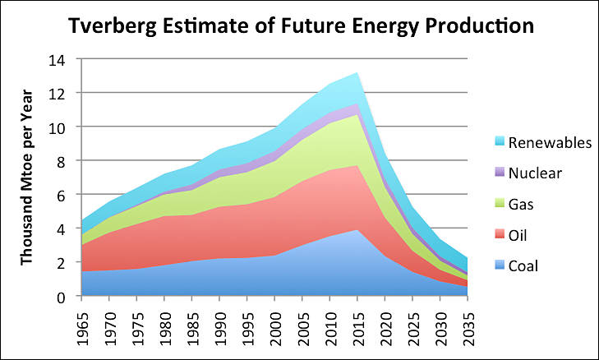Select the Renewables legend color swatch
coord(491,143)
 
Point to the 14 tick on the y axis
coord(58,60)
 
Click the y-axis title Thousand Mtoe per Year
coord(26,178)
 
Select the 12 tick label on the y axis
coord(58,94)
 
